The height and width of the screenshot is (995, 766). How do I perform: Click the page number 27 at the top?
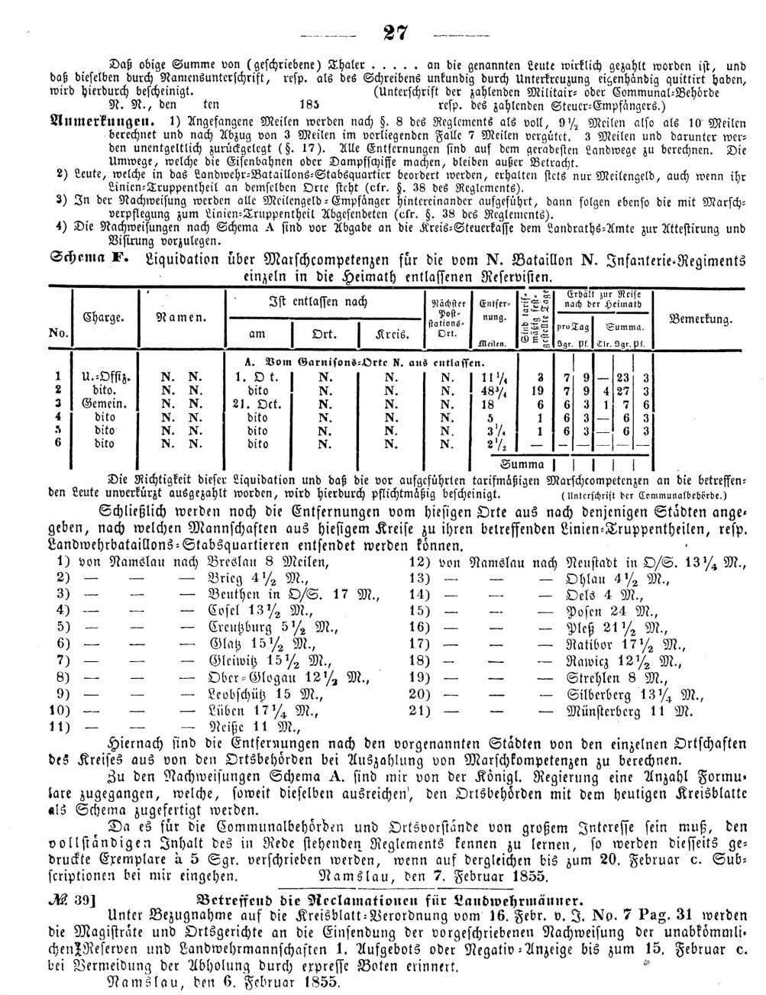(x=395, y=33)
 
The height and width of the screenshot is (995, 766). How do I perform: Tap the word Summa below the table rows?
(x=522, y=464)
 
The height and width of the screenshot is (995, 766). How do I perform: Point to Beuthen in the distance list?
(x=234, y=594)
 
